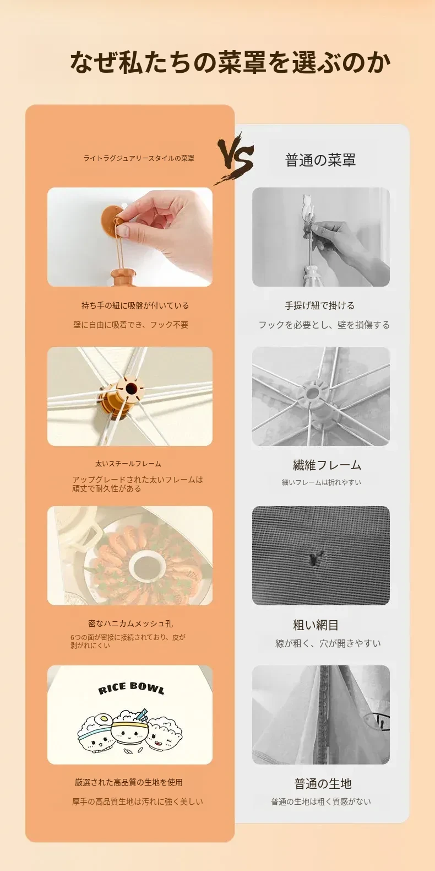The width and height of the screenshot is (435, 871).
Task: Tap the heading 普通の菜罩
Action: pyautogui.click(x=320, y=160)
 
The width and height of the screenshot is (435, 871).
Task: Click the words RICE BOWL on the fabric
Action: pyautogui.click(x=131, y=688)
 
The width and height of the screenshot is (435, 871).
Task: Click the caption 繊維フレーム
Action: pyautogui.click(x=327, y=465)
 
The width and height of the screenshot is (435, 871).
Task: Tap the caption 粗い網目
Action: pyautogui.click(x=316, y=625)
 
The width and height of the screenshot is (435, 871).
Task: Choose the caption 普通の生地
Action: pyautogui.click(x=323, y=783)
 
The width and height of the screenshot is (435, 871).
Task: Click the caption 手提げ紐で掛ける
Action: pyautogui.click(x=320, y=305)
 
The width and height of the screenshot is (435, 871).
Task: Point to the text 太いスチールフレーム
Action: pyautogui.click(x=128, y=464)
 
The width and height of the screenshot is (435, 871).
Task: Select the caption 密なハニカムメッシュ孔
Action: pyautogui.click(x=130, y=623)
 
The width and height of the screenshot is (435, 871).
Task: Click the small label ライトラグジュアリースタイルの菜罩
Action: pyautogui.click(x=139, y=158)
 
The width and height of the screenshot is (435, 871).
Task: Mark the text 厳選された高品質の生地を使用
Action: pyautogui.click(x=129, y=782)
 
